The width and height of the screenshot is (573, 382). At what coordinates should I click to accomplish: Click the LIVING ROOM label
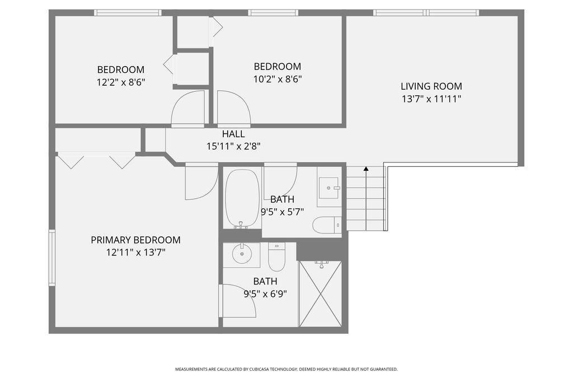pos(431,86)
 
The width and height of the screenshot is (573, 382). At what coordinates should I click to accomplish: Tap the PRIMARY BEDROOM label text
pos(135,240)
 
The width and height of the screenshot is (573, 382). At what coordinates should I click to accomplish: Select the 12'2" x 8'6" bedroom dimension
pos(121,82)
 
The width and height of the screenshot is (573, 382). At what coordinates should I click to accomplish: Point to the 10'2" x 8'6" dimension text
pos(278,79)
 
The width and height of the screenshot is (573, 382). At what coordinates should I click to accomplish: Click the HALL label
pos(233,134)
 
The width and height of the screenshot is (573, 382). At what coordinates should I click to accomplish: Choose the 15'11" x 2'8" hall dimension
pos(233,146)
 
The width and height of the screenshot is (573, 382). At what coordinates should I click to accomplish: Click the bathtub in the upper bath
pos(242,198)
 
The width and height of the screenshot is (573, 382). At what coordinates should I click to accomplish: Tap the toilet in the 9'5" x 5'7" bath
pos(327,225)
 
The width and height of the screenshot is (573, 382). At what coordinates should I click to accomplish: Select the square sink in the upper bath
pos(329,188)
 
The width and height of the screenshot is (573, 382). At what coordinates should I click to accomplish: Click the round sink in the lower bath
pos(242,254)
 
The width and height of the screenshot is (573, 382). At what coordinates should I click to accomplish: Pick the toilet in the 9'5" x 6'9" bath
pos(276,257)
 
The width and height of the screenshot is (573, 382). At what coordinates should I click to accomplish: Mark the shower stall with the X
pos(321,294)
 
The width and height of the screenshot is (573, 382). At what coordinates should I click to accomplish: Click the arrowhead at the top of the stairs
pos(366,169)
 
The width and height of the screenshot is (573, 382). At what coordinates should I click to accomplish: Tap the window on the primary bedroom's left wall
pos(52,258)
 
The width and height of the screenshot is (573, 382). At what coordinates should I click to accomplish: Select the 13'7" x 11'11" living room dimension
pos(431,99)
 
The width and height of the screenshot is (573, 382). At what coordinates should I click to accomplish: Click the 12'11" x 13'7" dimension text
pos(135,253)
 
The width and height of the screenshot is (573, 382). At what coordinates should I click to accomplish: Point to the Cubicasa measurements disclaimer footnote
pos(286,369)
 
